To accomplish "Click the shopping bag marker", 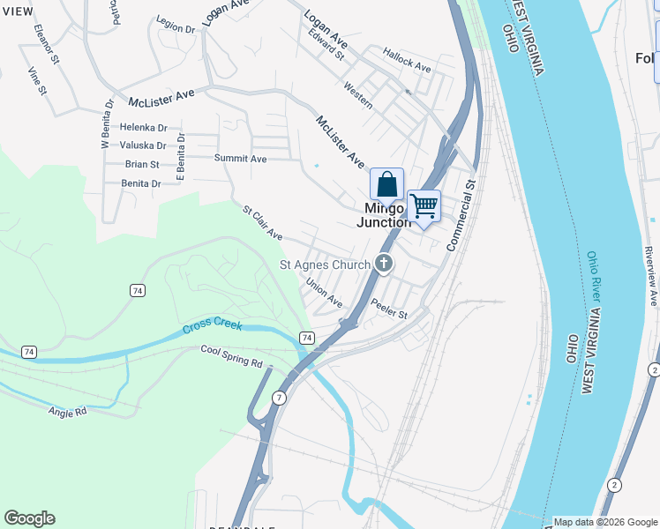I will click(386, 185).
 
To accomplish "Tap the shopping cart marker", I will click(424, 207).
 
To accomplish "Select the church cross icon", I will click(384, 263).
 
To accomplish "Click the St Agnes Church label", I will click(325, 264).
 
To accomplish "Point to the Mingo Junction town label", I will click(384, 215).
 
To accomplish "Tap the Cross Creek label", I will click(212, 326).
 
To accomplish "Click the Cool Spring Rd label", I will click(232, 356).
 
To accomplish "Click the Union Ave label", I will click(324, 294).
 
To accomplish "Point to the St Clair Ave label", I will click(263, 223).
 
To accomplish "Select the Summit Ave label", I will click(240, 159).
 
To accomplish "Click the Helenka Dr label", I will click(143, 127).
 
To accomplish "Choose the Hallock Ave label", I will click(407, 60).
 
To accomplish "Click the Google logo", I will click(29, 518).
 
